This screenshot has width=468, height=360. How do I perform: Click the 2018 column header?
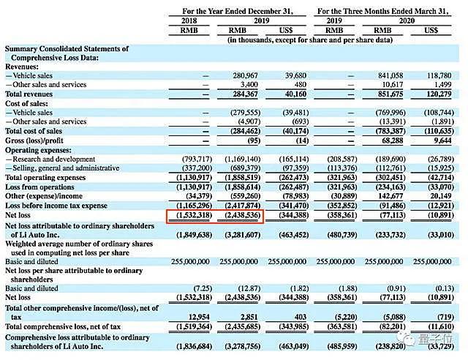point(189,21)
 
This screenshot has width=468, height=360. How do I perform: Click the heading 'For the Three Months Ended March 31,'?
point(385,12)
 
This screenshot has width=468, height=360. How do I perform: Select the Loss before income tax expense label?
point(56,206)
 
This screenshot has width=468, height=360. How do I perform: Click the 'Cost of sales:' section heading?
point(29,103)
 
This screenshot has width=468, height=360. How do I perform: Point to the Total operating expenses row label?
point(45,178)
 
